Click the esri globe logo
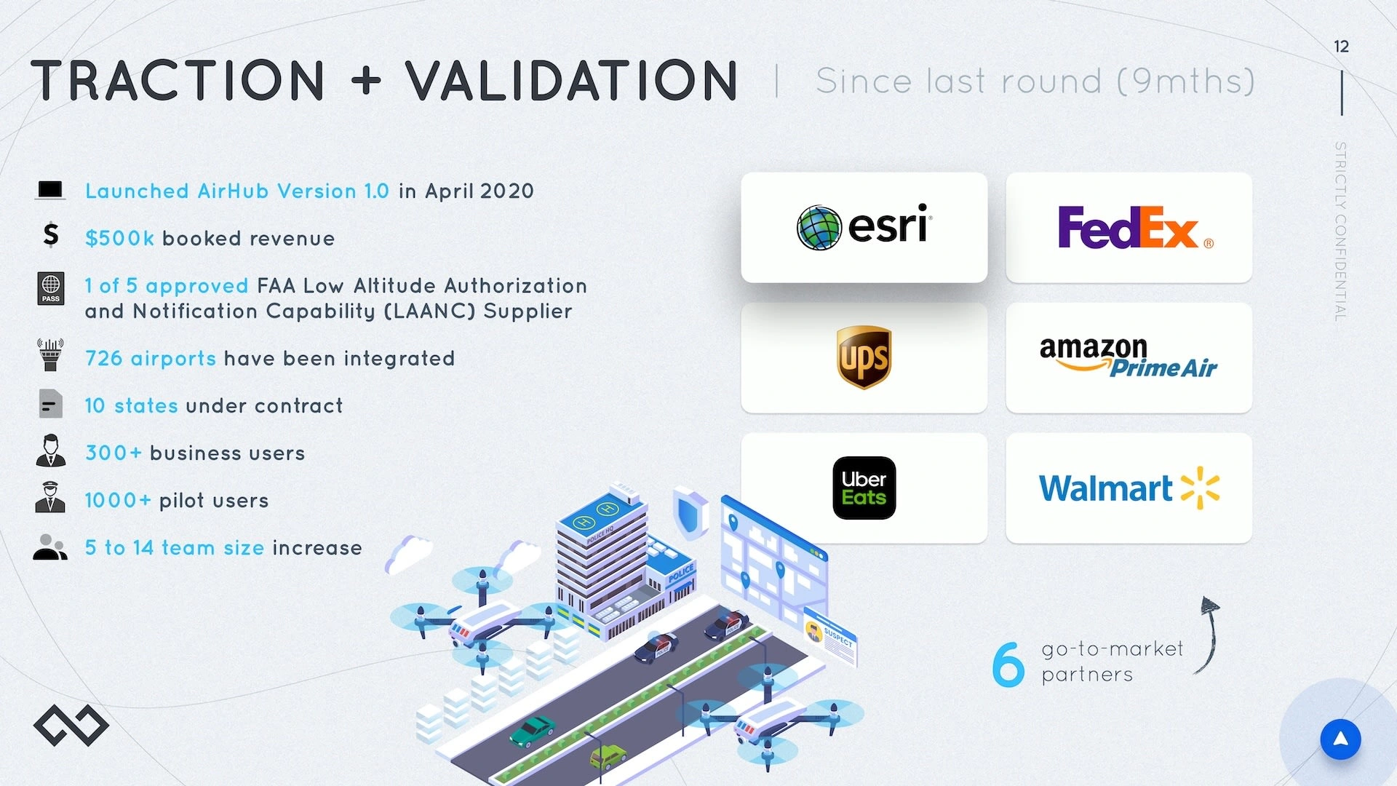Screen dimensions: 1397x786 819,227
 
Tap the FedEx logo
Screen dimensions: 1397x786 1135,227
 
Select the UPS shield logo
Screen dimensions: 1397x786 864,357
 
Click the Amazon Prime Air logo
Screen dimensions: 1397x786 1129,357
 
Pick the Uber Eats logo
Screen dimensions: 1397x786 864,488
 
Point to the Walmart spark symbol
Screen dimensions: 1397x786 1200,488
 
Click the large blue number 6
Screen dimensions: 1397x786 1008,663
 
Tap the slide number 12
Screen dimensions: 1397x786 1341,47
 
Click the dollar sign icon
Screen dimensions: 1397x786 50,235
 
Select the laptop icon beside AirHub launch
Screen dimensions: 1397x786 50,191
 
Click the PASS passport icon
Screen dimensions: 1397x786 51,288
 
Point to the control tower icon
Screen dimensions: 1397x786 50,354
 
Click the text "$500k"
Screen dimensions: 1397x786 119,239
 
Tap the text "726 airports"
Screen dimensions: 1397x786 151,359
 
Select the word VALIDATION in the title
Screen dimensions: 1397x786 572,80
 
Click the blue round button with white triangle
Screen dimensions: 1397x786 1340,739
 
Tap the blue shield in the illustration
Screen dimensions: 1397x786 690,512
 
